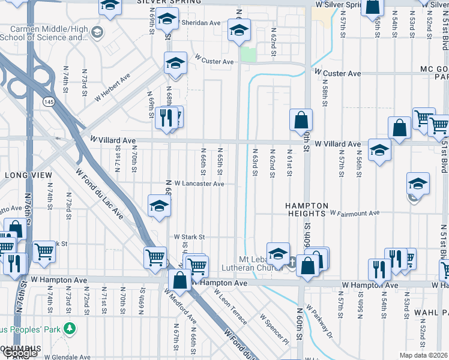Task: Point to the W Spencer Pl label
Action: point(274,328)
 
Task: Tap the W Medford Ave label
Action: point(180,304)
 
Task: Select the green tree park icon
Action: point(71,328)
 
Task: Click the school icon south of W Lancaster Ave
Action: point(159,205)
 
